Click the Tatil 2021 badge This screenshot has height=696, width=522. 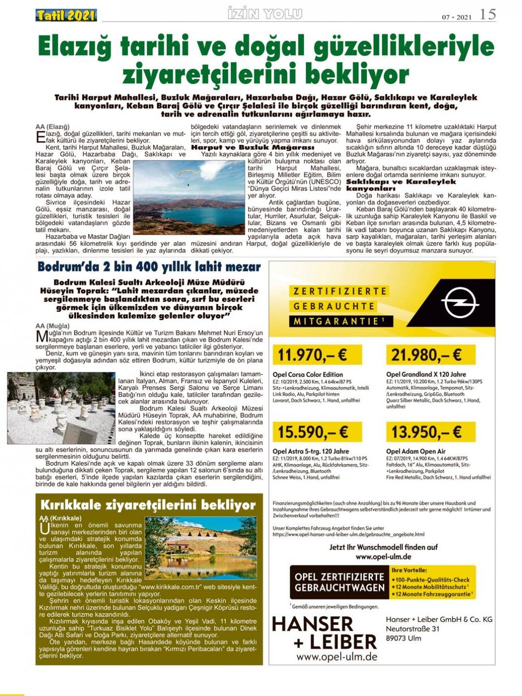click(x=66, y=15)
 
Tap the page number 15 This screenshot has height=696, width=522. click(x=487, y=14)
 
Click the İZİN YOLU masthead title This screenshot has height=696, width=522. click(x=265, y=14)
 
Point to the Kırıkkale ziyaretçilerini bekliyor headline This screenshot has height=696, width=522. click(x=148, y=505)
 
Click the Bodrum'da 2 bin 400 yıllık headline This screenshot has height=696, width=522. click(x=149, y=267)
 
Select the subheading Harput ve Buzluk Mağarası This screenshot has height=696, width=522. click(x=253, y=147)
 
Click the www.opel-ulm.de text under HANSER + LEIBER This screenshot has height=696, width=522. click(x=337, y=656)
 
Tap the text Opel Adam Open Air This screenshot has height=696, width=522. click(x=416, y=451)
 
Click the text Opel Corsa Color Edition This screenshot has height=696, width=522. click(x=308, y=375)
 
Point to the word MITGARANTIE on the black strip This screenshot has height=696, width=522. click(x=337, y=321)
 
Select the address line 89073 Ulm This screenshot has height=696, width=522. click(x=403, y=638)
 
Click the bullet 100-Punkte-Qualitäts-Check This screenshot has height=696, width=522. click(x=432, y=579)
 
